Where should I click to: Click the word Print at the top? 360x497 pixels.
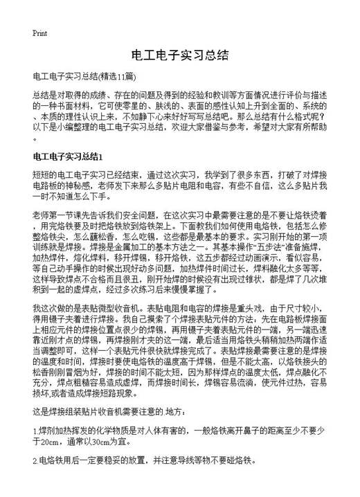(x=39, y=33)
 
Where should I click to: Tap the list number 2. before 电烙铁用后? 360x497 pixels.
(x=35, y=460)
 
